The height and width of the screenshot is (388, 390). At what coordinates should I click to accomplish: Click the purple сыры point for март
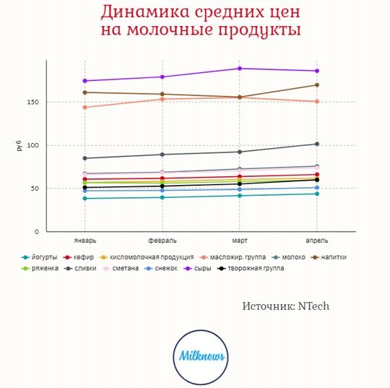tap(240, 69)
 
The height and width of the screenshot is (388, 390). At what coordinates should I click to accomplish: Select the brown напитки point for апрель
tap(317, 85)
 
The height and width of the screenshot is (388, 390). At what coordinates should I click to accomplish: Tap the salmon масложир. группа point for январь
tap(84, 107)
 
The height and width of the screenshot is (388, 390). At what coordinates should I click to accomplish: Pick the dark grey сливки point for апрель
tap(317, 144)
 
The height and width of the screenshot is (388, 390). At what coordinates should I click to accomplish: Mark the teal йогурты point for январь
tap(84, 199)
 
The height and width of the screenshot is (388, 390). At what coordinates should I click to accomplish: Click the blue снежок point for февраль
tap(162, 191)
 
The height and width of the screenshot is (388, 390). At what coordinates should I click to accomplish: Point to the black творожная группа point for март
tap(240, 184)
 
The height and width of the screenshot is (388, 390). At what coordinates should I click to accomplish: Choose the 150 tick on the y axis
tap(32, 102)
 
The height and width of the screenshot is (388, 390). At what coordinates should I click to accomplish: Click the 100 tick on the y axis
tap(32, 145)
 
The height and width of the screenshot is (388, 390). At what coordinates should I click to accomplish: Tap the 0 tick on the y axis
tap(37, 232)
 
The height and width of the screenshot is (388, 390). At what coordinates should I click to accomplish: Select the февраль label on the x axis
tap(162, 241)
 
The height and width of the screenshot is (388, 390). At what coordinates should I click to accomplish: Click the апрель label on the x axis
tap(317, 241)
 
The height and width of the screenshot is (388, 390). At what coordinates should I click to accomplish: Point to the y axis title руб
tap(19, 146)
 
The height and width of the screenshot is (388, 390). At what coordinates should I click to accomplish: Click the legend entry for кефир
tap(79, 257)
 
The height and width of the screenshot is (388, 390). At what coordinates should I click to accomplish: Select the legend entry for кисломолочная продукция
tap(147, 257)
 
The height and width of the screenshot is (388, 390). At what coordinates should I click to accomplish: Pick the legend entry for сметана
tap(121, 268)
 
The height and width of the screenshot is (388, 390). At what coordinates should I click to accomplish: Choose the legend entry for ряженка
tap(40, 268)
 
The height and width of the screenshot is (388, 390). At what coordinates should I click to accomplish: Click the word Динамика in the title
tap(145, 12)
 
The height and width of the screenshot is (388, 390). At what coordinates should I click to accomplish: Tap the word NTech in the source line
tap(313, 306)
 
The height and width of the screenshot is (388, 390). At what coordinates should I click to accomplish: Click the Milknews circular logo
tap(201, 357)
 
